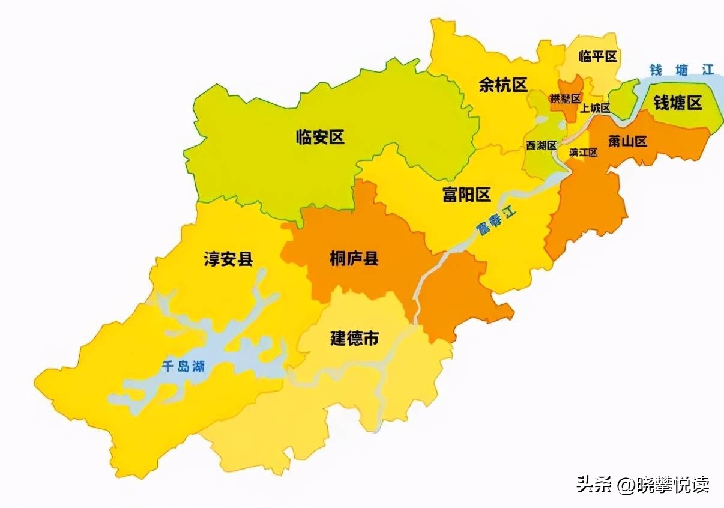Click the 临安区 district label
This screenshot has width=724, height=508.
[320, 137]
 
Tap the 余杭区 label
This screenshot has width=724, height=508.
[502, 85]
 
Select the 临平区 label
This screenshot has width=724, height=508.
[597, 56]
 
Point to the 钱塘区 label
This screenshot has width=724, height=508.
[678, 103]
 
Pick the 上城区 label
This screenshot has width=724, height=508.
[595, 109]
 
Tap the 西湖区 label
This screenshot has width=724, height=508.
[541, 145]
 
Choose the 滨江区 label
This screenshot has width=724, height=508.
[584, 152]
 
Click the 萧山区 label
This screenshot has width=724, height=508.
[627, 142]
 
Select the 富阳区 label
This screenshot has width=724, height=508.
[466, 195]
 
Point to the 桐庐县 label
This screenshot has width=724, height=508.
[354, 258]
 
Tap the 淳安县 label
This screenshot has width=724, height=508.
[228, 259]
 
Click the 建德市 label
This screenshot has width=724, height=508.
[355, 338]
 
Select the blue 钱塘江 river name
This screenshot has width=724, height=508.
[682, 70]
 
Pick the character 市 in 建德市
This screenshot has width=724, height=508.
[372, 338]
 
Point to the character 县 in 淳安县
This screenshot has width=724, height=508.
[245, 259]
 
